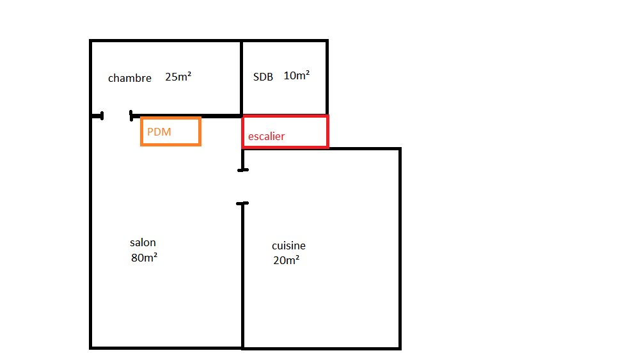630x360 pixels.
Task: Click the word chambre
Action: click(130, 79)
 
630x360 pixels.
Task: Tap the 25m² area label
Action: click(178, 77)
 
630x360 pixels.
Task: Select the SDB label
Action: click(263, 77)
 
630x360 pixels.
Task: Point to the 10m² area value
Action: click(296, 75)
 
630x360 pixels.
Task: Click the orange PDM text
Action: click(159, 132)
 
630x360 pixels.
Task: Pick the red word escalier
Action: click(266, 136)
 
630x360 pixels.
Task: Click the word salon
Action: click(143, 243)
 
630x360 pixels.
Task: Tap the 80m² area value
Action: click(145, 258)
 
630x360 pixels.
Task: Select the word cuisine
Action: click(288, 246)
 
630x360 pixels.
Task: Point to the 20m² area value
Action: click(286, 260)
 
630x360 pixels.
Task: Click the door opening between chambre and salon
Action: click(116, 116)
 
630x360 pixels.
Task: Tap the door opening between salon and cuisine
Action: click(242, 187)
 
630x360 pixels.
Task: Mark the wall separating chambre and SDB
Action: click(241, 77)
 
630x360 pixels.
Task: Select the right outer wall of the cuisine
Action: click(400, 249)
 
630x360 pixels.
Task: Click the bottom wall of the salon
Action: click(166, 347)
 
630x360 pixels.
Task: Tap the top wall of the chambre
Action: click(166, 42)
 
